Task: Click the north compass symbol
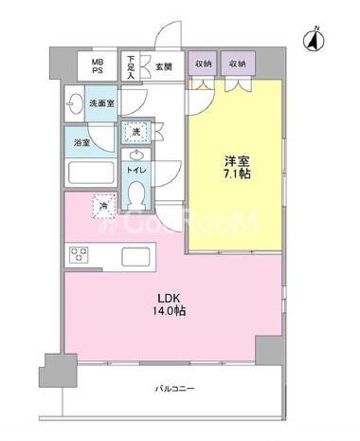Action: click(x=315, y=40)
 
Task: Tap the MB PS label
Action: click(x=98, y=66)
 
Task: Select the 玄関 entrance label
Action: click(x=164, y=67)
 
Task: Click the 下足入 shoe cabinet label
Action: click(x=131, y=67)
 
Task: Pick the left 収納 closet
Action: click(x=203, y=64)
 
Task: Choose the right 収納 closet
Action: click(x=238, y=64)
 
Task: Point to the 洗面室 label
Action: click(x=101, y=103)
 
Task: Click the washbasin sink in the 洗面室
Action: click(x=74, y=103)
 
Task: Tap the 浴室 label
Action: click(x=82, y=143)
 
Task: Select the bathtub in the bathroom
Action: click(x=91, y=173)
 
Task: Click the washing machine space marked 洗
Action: click(x=136, y=132)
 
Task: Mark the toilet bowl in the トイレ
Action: click(x=136, y=194)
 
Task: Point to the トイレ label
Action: click(x=136, y=170)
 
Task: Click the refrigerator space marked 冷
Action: click(x=103, y=206)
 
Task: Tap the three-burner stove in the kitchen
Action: click(x=79, y=254)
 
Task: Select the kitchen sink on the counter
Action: click(x=135, y=257)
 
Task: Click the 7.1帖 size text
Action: click(x=237, y=174)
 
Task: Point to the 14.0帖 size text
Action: click(x=170, y=311)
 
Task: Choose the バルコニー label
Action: click(x=174, y=389)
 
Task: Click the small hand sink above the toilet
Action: click(x=136, y=156)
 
